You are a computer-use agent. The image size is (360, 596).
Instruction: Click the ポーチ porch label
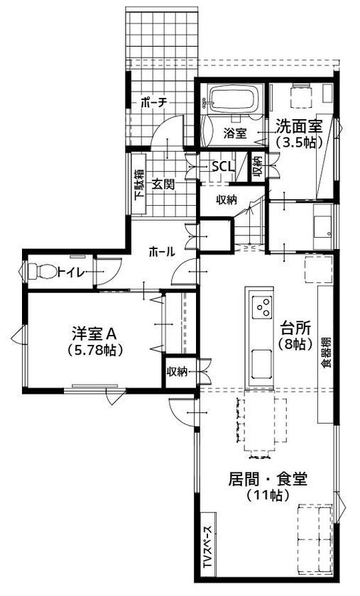click(x=153, y=103)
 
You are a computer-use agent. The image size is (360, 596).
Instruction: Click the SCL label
click(x=223, y=166)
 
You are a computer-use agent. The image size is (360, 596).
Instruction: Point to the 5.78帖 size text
click(x=93, y=351)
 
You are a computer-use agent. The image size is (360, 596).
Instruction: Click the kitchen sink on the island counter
click(x=257, y=365)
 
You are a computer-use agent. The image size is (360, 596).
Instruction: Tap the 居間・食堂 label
click(x=268, y=480)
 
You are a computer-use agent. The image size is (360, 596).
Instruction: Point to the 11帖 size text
click(x=268, y=496)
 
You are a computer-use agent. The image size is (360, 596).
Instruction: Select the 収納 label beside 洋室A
click(x=177, y=371)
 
